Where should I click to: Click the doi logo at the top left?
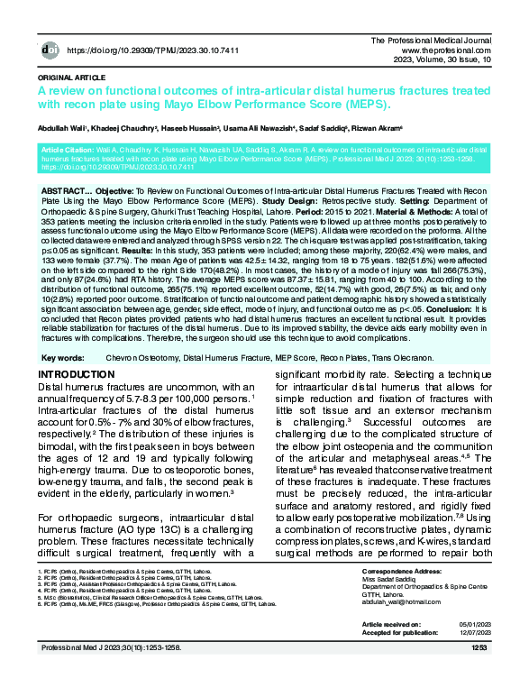click(51, 51)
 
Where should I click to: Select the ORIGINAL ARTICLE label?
click(69, 78)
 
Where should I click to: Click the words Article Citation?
click(69, 146)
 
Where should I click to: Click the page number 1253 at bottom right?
click(479, 647)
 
